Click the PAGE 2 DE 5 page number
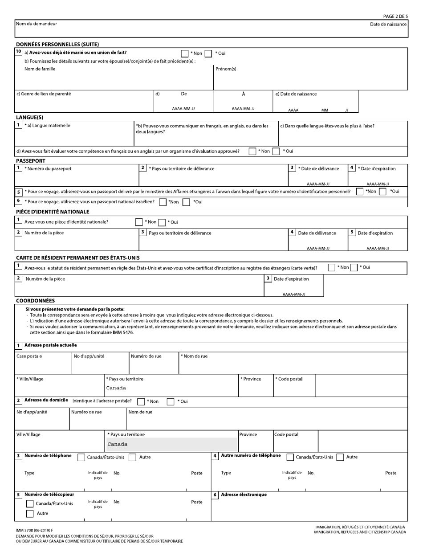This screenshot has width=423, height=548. (x=395, y=16)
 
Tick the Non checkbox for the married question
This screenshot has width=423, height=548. (x=185, y=53)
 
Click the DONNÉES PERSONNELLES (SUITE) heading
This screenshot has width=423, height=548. (x=57, y=44)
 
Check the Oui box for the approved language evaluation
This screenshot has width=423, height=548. (x=276, y=151)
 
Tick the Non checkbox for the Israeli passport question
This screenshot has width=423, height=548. (x=163, y=202)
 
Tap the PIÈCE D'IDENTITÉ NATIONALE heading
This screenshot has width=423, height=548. (x=53, y=212)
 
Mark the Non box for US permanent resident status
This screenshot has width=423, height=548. (x=331, y=268)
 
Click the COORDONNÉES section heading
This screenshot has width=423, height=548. (x=36, y=301)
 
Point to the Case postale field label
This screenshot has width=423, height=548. (x=29, y=356)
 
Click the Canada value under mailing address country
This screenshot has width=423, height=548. (x=116, y=388)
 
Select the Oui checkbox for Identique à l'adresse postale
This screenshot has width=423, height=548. (x=171, y=401)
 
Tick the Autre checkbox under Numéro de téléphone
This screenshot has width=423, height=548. (x=132, y=457)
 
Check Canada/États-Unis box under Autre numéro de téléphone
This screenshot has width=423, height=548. (x=290, y=457)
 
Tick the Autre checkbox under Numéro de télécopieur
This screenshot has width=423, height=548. (x=30, y=514)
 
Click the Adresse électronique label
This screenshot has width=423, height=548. (x=244, y=495)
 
